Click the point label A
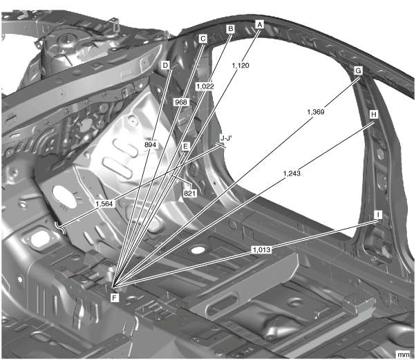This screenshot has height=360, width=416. [260, 23]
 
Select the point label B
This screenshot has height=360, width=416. [231, 28]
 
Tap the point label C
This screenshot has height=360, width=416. [203, 39]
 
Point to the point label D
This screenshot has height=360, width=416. [165, 65]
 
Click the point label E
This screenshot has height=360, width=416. [185, 146]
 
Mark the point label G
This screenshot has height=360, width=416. [358, 71]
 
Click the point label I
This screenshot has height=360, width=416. [378, 215]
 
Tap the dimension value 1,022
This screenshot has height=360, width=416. [205, 86]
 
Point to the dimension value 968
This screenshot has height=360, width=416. [181, 101]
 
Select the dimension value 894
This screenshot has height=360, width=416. [151, 146]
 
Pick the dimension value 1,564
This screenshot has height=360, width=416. [106, 204]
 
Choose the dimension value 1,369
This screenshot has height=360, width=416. [316, 111]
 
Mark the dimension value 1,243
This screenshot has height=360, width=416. [292, 174]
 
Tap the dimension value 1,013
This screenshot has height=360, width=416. [261, 249]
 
